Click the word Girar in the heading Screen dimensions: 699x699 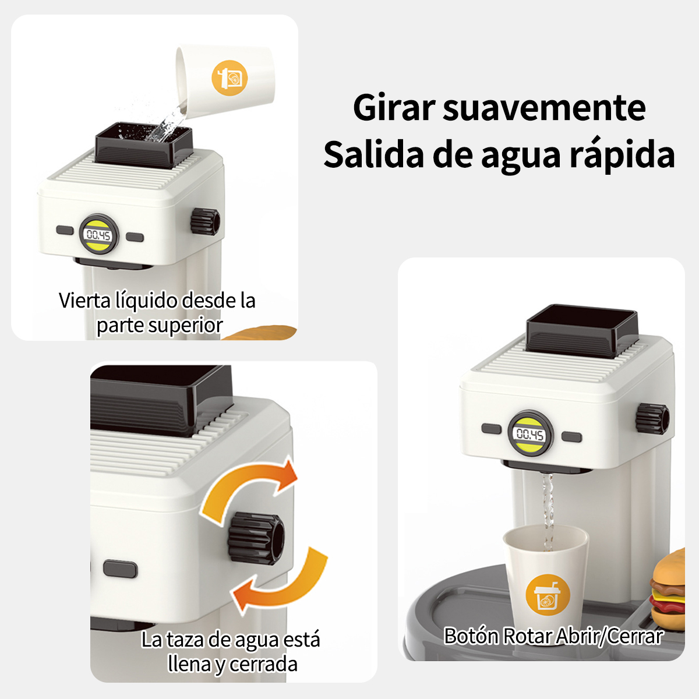(394, 108)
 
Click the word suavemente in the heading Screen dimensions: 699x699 (544, 108)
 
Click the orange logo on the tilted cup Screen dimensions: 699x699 (230, 78)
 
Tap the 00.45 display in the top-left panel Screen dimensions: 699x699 (98, 235)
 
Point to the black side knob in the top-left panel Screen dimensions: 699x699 (205, 221)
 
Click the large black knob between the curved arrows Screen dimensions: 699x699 (256, 538)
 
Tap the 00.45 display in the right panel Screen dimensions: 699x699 (530, 434)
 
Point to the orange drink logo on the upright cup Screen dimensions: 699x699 (548, 595)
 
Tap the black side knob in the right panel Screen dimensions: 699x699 (652, 418)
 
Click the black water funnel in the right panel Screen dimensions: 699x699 (581, 330)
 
